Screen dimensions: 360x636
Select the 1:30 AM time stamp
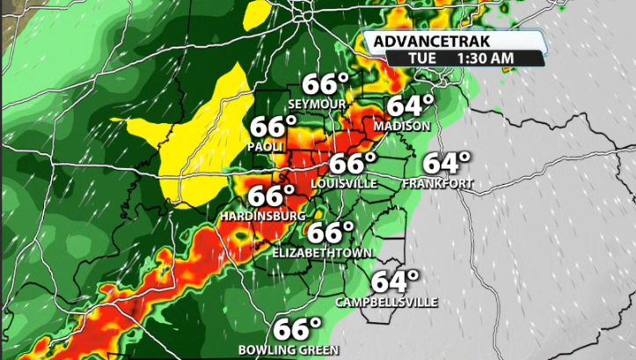pos(483,58)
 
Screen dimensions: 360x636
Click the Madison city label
pos(402,127)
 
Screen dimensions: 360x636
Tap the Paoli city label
pos(265,146)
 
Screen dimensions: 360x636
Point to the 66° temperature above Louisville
pos(352,164)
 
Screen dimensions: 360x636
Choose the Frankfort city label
pos(437,184)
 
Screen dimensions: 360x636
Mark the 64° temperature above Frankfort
pos(446,164)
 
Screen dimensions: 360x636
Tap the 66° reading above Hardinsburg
pos(270,195)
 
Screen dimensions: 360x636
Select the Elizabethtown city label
pos(321,253)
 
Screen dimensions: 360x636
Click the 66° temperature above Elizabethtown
pos(329,232)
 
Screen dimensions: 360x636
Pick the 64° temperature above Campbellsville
pos(394,282)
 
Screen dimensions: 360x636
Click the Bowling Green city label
pos(289,350)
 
